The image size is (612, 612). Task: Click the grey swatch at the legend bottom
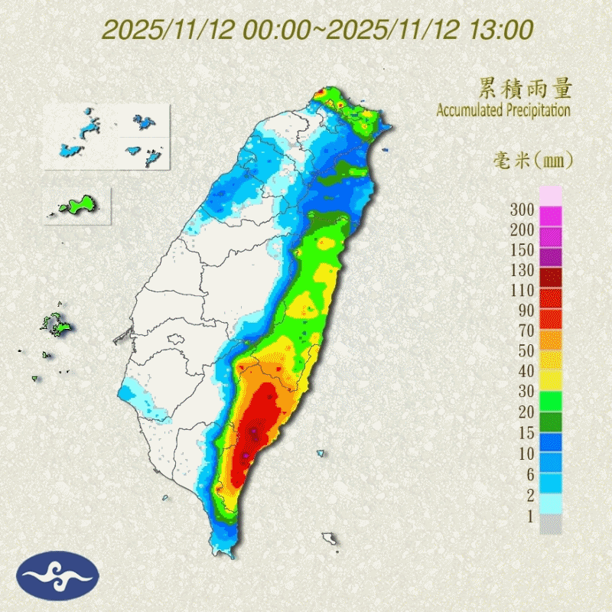click(551, 524)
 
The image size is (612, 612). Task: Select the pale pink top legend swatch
click(551, 195)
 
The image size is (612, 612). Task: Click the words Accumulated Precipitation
click(503, 111)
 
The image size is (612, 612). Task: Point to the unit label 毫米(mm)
click(532, 161)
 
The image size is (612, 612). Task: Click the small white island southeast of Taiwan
click(330, 539)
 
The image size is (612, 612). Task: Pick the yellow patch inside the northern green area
click(327, 244)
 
